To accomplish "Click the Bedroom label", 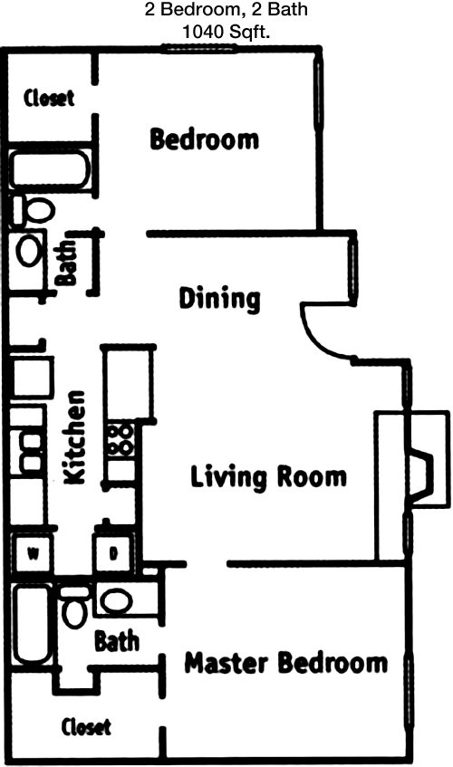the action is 204,139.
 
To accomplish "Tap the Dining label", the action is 219,299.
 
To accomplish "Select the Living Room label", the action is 268,477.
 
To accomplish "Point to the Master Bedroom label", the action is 286,663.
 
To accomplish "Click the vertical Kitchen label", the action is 75,436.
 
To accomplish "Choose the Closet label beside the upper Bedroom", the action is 49,98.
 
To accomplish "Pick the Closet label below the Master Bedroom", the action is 86,727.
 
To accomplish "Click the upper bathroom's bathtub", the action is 50,169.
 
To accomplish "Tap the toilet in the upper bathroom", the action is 33,210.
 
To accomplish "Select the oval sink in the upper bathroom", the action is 28,250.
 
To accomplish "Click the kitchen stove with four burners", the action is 120,440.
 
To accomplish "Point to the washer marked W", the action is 33,553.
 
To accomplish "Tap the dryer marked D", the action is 113,553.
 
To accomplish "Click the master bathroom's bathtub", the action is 33,624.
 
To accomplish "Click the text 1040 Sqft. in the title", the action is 226,33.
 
